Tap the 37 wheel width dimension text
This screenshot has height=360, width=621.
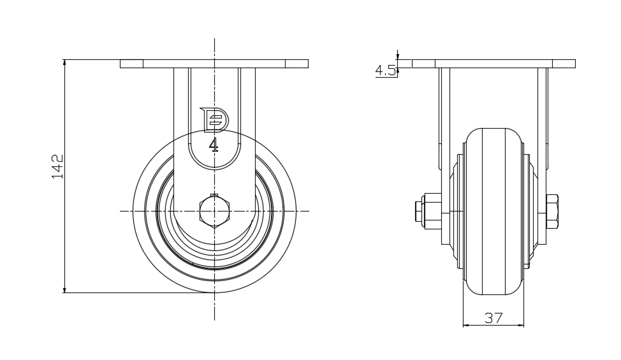click(x=493, y=318)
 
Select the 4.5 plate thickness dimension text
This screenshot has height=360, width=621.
click(x=385, y=71)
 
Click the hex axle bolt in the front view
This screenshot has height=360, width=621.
click(x=214, y=211)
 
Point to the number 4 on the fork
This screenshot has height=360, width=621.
click(x=214, y=145)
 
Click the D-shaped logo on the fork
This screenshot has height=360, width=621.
click(x=214, y=119)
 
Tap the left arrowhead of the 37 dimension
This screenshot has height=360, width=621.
click(x=465, y=326)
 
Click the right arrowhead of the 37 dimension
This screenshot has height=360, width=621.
click(x=521, y=326)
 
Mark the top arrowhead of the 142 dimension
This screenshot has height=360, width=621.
click(x=64, y=62)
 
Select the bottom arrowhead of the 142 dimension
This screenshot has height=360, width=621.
click(x=64, y=290)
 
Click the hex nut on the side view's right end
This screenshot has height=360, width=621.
click(x=552, y=212)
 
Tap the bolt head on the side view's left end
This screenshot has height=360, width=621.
click(x=419, y=212)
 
